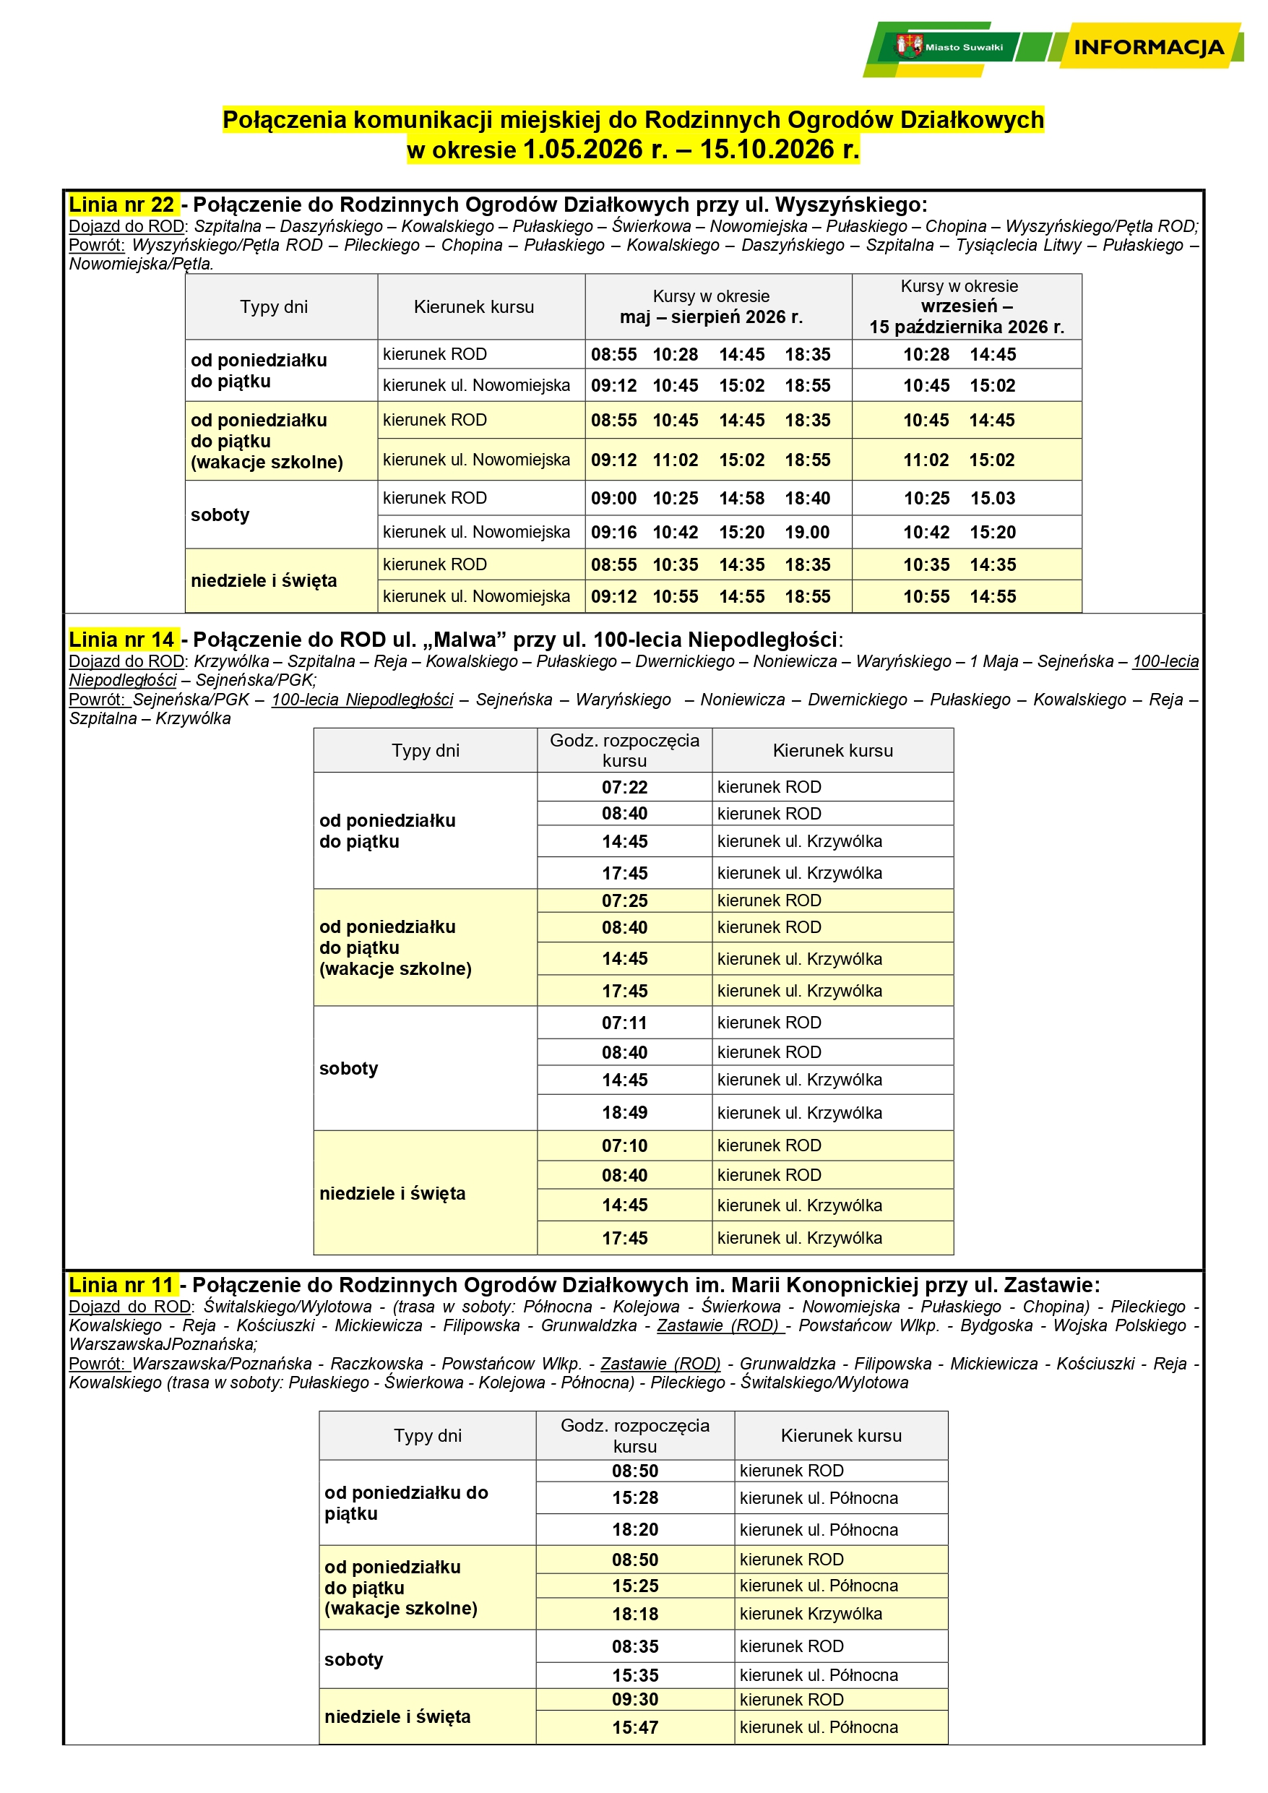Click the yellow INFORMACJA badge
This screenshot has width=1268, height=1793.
coord(1148,47)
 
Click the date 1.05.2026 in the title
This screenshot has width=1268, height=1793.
coord(595,149)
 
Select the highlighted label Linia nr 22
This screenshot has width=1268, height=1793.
coord(122,205)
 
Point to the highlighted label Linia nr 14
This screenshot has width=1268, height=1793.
coord(122,640)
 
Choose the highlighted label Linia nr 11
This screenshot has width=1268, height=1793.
coord(121,1285)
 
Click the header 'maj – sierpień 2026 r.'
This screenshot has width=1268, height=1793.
coord(710,317)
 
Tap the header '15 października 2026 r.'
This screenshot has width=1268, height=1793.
coord(967,327)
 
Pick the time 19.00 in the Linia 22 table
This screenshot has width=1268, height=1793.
coord(807,533)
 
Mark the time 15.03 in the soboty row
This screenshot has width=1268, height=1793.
coord(993,498)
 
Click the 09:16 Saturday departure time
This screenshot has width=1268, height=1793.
coord(613,533)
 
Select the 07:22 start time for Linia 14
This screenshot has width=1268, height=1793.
coord(625,787)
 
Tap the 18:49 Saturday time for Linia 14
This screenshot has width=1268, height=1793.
coord(625,1113)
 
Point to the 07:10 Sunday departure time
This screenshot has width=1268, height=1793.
coord(625,1145)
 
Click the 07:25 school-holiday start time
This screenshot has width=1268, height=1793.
coord(625,900)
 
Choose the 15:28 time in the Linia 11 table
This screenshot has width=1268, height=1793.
coord(635,1498)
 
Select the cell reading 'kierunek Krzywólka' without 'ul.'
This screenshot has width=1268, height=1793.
coord(811,1613)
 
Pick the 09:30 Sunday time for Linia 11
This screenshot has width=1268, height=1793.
coord(635,1699)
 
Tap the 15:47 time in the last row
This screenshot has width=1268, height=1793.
coord(635,1727)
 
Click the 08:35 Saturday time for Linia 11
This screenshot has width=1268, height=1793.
coord(635,1646)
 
